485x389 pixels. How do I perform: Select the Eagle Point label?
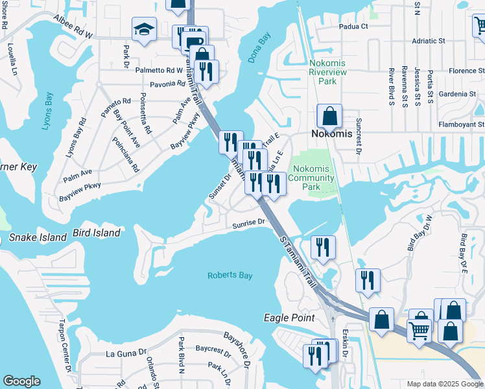pos(289,318)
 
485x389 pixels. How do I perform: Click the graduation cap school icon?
pos(143,29)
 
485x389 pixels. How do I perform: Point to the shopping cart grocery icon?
pos(420,330)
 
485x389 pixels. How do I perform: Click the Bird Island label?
pos(97,232)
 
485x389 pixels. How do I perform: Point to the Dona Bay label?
pos(258,49)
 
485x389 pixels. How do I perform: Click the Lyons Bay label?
pos(49,111)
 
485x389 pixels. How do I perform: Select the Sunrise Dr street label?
pos(250,222)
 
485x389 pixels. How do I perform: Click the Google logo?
pos(21,381)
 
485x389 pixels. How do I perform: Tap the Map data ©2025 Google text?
pos(444,384)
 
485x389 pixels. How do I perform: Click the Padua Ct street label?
pos(353,27)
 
